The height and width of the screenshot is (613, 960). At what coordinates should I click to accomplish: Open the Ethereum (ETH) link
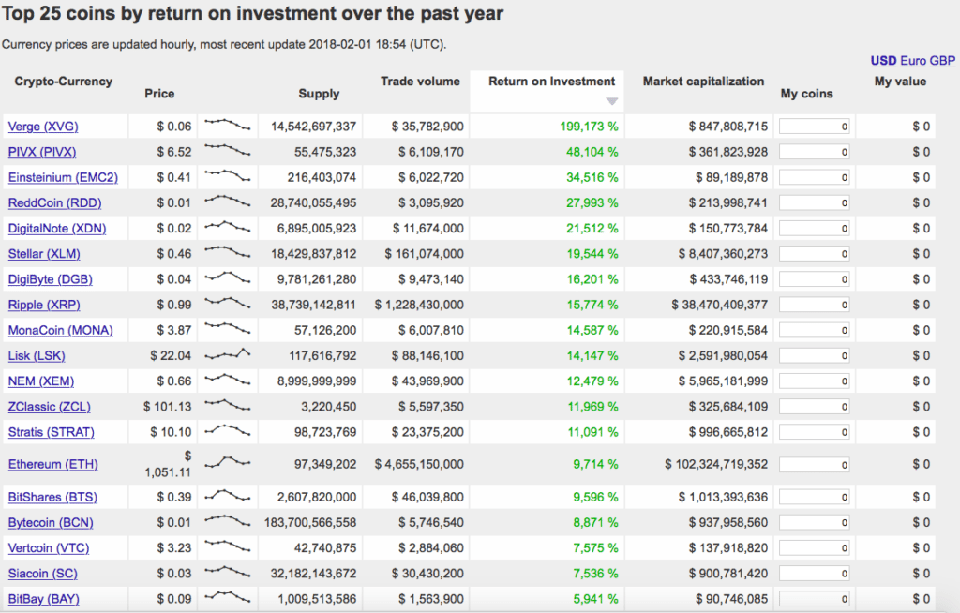tap(52, 465)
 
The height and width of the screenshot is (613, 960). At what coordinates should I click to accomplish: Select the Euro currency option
tap(912, 61)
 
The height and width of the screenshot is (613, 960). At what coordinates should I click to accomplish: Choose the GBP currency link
tap(942, 61)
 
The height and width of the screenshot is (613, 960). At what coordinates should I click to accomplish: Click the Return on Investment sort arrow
tap(612, 101)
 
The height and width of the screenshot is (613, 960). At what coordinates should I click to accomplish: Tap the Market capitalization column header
tap(703, 82)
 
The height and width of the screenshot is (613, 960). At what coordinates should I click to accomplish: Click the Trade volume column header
tap(420, 82)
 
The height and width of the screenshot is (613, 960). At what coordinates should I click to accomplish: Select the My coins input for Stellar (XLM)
tap(815, 254)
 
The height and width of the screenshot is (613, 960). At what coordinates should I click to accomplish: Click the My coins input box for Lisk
tap(815, 356)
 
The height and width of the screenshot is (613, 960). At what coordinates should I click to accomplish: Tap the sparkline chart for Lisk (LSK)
tap(228, 355)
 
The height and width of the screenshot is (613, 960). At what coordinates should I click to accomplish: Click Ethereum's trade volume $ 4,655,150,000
tap(419, 465)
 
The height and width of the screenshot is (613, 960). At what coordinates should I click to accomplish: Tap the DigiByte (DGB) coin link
tap(50, 279)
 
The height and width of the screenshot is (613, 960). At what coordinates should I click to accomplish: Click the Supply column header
tap(319, 94)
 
